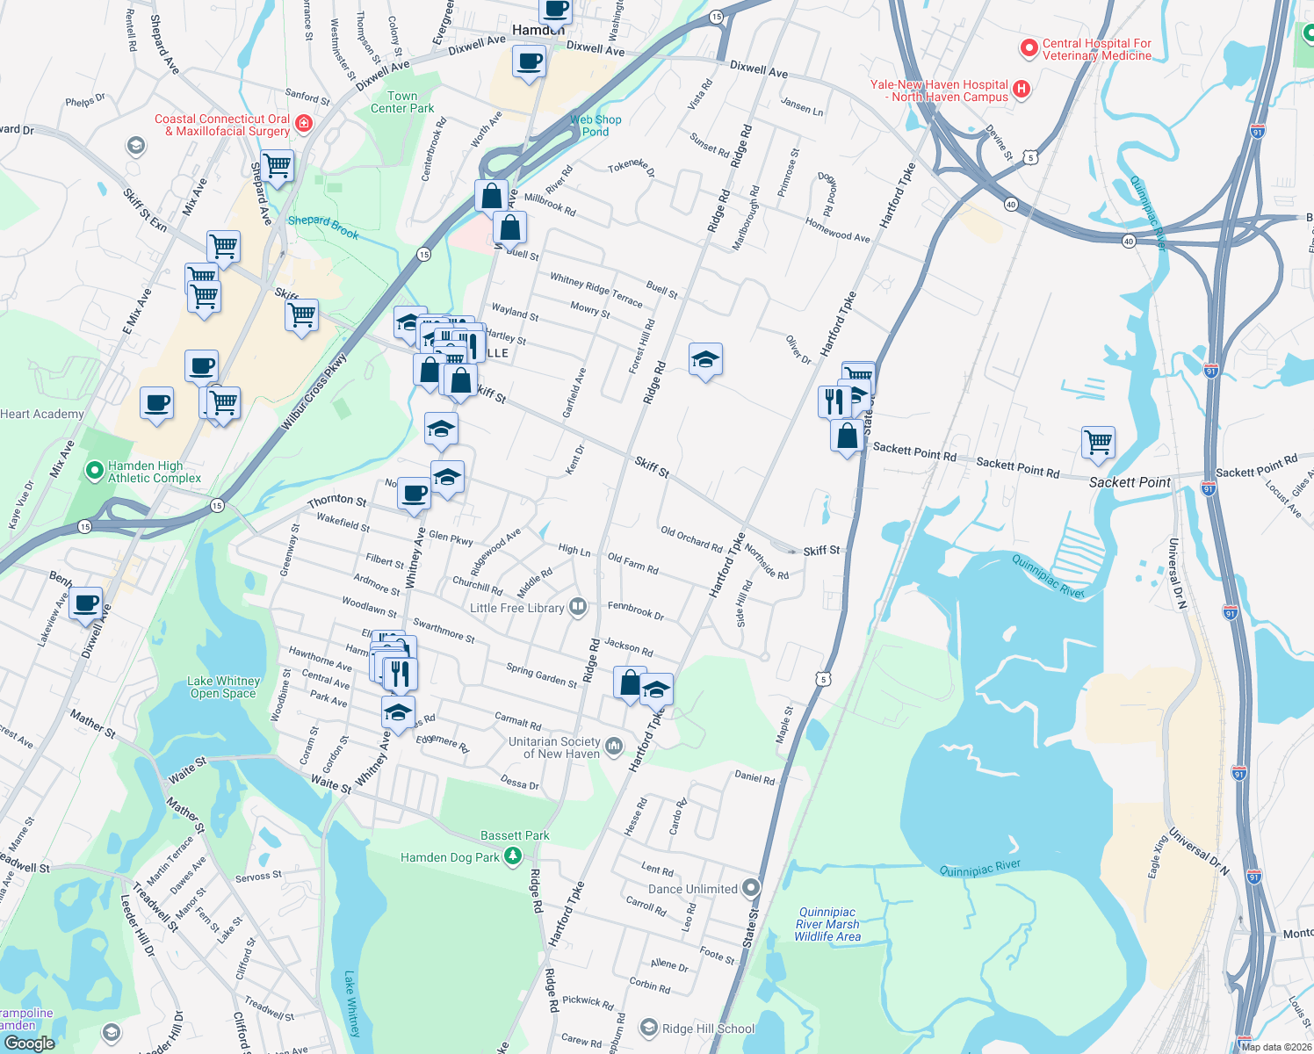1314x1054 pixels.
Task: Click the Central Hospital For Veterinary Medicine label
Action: (x=1096, y=49)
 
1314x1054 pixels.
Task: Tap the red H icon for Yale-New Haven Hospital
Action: (x=1021, y=88)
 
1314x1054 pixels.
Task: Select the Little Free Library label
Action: (x=516, y=608)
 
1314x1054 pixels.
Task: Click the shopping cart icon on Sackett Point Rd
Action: (x=1098, y=442)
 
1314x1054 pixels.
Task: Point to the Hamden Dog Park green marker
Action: (x=513, y=856)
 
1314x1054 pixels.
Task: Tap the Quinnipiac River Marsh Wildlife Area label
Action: (x=827, y=924)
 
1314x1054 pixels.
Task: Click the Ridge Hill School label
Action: (x=708, y=1029)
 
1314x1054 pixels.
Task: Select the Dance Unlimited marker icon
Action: (x=750, y=888)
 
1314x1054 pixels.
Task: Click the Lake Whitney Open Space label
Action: (x=224, y=687)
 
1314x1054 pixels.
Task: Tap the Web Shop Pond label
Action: (x=596, y=126)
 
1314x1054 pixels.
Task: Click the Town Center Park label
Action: (x=402, y=102)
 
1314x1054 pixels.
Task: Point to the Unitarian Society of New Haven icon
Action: (x=613, y=747)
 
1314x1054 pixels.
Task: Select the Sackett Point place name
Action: (x=1130, y=482)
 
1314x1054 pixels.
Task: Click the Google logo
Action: (x=29, y=1043)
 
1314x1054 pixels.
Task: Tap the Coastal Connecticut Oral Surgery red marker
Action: (x=304, y=124)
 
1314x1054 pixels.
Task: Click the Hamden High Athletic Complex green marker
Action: (x=94, y=472)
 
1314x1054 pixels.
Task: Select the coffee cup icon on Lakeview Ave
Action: (x=86, y=603)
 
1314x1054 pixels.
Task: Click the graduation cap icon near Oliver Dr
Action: (x=705, y=358)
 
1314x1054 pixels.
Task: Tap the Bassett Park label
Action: (x=515, y=835)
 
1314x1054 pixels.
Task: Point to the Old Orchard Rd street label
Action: (x=691, y=538)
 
